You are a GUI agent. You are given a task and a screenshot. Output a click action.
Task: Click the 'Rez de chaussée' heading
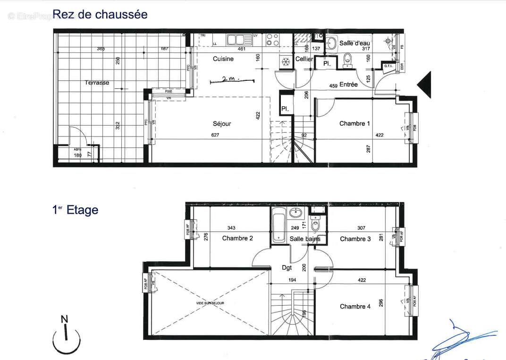pyautogui.click(x=100, y=15)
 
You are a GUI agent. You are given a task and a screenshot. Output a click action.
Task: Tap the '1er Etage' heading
pyautogui.click(x=76, y=210)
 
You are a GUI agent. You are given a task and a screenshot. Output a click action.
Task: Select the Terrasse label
pyautogui.click(x=97, y=83)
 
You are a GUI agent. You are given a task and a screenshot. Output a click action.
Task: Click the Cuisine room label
pyautogui.click(x=223, y=59)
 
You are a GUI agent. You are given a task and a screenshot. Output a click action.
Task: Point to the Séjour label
pyautogui.click(x=222, y=124)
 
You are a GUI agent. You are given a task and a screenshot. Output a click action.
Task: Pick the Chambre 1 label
pyautogui.click(x=355, y=124)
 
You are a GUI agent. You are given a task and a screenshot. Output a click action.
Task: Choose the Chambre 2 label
pyautogui.click(x=237, y=238)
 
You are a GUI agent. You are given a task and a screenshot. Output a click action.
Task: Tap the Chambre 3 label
pyautogui.click(x=355, y=239)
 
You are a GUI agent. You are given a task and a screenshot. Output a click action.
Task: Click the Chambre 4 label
pyautogui.click(x=355, y=307)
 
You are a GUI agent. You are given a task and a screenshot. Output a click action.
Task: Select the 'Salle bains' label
pyautogui.click(x=305, y=239)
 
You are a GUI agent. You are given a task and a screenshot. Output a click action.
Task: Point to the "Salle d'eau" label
pyautogui.click(x=354, y=43)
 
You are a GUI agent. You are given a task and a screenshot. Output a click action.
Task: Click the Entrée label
pyautogui.click(x=348, y=85)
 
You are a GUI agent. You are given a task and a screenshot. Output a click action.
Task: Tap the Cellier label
pyautogui.click(x=304, y=59)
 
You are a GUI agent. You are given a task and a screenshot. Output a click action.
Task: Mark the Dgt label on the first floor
pyautogui.click(x=287, y=268)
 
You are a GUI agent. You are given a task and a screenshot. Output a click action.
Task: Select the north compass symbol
pyautogui.click(x=66, y=336)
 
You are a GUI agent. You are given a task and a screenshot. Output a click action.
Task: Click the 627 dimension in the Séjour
pyautogui.click(x=221, y=135)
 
